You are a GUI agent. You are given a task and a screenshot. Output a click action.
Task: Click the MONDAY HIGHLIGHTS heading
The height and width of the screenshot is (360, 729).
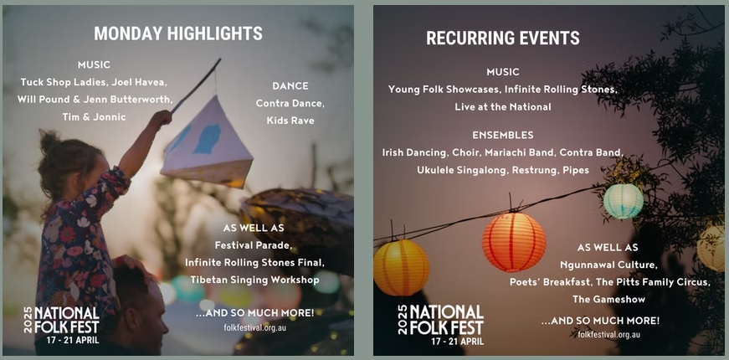(x=177, y=33)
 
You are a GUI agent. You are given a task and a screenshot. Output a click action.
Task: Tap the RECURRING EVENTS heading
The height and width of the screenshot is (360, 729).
(x=502, y=39)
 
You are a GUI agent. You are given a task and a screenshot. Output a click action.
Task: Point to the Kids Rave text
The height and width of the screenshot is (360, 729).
(x=290, y=121)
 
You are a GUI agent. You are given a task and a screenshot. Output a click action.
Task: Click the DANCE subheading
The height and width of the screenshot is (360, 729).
(x=290, y=85)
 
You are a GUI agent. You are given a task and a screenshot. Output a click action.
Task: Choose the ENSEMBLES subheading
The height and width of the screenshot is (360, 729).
(x=502, y=135)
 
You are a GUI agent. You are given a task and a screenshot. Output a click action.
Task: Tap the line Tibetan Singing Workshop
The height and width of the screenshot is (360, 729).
(x=254, y=280)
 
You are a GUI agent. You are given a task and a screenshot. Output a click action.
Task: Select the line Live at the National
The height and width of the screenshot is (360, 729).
(x=502, y=106)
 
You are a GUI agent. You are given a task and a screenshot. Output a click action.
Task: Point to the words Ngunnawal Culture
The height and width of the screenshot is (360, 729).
(x=615, y=265)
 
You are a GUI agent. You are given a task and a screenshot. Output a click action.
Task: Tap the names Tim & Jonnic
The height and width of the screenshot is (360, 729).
(x=94, y=117)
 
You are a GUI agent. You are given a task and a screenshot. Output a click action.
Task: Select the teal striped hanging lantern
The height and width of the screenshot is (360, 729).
(x=624, y=201)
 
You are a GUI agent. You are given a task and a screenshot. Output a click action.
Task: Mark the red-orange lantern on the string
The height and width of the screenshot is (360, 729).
(x=514, y=241)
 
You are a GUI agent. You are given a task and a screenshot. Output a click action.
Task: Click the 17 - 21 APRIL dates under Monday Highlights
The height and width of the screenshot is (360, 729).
(x=67, y=341)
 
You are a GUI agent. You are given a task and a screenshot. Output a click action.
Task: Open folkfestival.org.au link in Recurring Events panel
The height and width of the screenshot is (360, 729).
(x=608, y=335)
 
